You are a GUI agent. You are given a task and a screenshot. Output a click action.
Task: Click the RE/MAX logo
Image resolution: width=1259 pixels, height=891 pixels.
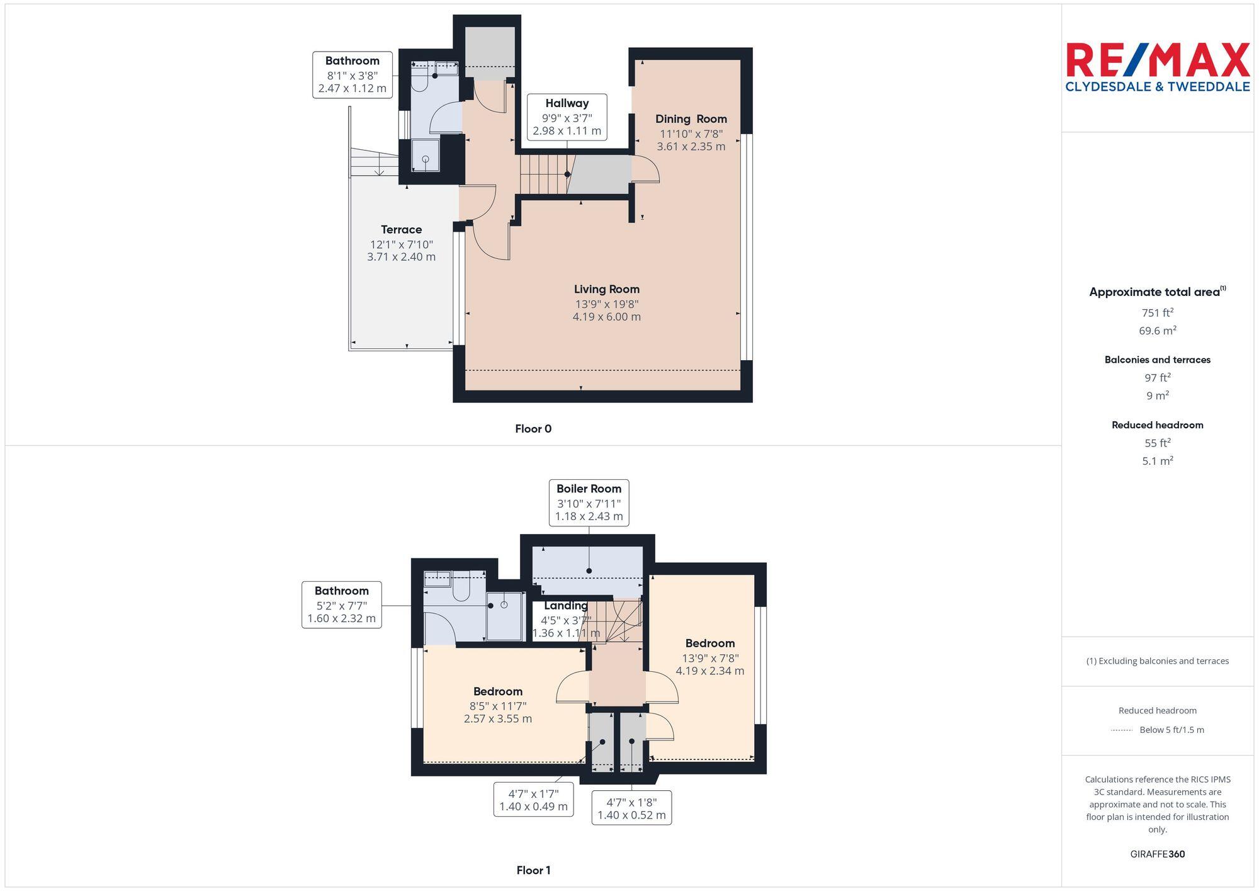click(1157, 67)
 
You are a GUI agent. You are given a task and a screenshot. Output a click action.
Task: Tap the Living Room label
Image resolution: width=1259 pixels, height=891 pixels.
click(606, 303)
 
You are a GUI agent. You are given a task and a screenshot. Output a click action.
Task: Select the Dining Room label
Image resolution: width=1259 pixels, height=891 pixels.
click(691, 132)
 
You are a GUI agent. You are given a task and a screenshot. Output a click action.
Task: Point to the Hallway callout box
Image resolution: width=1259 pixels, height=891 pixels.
click(567, 117)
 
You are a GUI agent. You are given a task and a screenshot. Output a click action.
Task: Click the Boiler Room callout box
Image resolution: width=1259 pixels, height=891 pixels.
click(589, 502)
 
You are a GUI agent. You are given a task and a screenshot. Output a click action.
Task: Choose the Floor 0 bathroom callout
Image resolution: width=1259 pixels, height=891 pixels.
click(352, 75)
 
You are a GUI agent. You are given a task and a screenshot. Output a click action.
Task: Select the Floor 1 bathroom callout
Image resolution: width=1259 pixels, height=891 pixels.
click(341, 604)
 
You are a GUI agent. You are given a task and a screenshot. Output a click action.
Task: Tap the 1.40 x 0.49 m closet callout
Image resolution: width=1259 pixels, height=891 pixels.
click(533, 800)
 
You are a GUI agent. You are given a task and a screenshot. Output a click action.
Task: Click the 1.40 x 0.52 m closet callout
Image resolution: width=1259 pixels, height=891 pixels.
click(631, 809)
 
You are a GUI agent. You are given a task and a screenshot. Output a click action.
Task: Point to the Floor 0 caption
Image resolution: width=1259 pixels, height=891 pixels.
click(533, 429)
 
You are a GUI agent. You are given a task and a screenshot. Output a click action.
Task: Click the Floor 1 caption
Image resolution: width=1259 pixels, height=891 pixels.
click(533, 870)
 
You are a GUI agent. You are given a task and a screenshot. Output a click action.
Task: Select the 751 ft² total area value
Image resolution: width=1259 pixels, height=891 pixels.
click(1157, 313)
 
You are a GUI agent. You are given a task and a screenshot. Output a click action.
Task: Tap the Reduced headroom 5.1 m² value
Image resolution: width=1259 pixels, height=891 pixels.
click(1157, 461)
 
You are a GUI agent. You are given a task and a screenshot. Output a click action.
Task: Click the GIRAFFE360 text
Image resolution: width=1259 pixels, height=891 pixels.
click(1157, 854)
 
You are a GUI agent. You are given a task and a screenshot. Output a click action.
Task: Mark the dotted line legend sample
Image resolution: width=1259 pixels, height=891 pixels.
click(1121, 730)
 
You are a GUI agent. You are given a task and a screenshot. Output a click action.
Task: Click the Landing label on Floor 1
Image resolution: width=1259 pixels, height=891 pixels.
click(565, 606)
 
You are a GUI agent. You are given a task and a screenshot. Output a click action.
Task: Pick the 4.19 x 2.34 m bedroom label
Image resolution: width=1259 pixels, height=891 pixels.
click(709, 657)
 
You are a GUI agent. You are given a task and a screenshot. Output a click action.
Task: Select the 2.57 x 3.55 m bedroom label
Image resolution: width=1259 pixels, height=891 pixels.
click(497, 705)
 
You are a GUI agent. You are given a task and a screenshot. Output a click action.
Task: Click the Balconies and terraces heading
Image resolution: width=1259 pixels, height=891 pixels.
click(1157, 360)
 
